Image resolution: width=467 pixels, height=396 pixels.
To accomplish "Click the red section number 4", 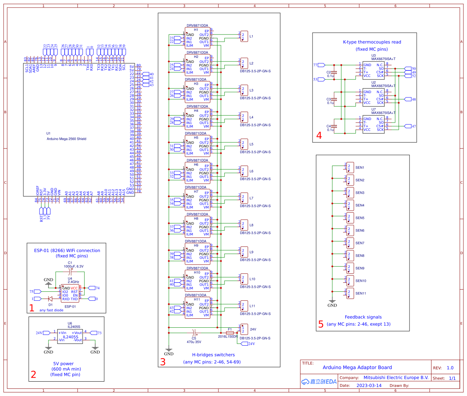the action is coord(319,136).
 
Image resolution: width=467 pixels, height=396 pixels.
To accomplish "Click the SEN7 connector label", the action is coord(360,243).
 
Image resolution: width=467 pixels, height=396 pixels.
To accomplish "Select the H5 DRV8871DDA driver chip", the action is coord(198,146).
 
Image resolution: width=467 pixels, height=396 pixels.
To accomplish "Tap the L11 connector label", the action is coord(252,306).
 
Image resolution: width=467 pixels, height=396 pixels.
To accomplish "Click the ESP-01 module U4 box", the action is coord(70,293).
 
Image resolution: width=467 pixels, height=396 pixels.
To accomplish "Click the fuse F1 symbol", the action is coord(230,333).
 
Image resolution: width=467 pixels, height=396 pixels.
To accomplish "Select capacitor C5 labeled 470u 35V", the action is coord(194,333).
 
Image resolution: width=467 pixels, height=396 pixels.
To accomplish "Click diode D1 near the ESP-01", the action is coord(50,299).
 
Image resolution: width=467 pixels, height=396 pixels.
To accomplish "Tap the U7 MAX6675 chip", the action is coord(373,124).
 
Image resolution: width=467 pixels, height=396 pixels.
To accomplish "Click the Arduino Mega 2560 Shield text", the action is coord(66,139).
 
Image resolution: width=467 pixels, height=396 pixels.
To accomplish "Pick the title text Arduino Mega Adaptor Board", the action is coord(357,367).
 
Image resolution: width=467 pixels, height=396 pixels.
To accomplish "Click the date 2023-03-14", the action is coord(369,386).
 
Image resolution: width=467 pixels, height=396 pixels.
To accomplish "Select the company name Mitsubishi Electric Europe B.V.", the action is coord(396,378).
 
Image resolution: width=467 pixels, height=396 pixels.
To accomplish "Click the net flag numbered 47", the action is coord(409,126).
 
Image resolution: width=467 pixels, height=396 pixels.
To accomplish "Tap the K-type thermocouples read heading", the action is coord(372,42).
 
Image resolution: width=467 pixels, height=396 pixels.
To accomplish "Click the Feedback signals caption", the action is coord(363,317).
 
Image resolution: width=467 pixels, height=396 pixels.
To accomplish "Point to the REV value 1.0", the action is coord(450,368).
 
